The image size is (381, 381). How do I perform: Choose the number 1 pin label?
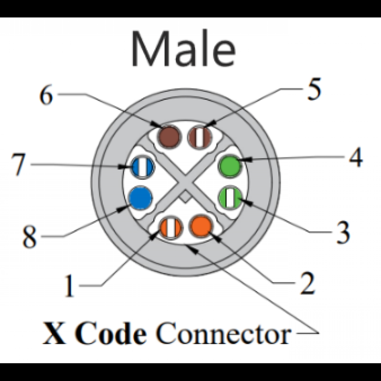tap(69, 286)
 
